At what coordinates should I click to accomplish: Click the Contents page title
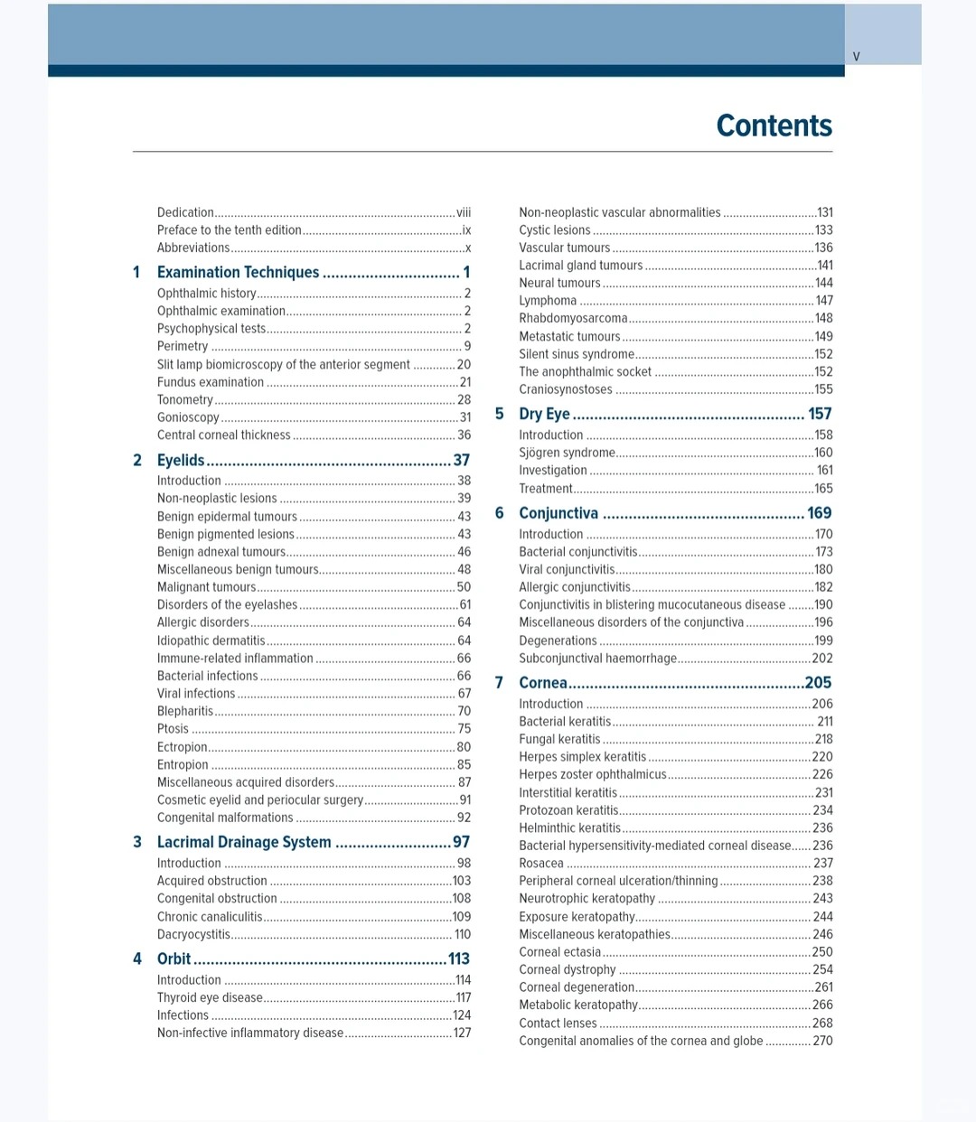[774, 126]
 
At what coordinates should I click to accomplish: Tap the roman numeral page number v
[856, 57]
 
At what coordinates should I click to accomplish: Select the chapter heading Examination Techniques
[238, 272]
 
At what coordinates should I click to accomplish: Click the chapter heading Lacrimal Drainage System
[244, 842]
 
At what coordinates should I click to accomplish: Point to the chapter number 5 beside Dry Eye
[499, 414]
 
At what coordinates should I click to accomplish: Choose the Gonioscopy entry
[188, 417]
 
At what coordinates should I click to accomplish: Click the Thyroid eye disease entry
[210, 997]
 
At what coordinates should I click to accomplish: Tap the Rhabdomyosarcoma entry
[573, 318]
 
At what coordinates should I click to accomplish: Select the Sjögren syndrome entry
[567, 453]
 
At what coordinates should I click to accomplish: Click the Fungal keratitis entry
[559, 739]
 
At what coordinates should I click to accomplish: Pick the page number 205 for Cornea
[818, 683]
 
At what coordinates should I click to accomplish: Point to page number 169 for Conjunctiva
[819, 513]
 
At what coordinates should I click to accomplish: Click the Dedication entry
[185, 212]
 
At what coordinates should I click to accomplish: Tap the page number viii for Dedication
[464, 212]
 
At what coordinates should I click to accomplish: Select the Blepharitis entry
[185, 711]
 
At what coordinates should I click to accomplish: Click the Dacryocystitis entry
[193, 934]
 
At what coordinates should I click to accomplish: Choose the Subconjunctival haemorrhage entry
[597, 659]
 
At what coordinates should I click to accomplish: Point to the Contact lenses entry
[558, 1023]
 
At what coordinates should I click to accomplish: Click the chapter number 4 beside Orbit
[137, 958]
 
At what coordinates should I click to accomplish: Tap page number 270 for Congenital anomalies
[822, 1041]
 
